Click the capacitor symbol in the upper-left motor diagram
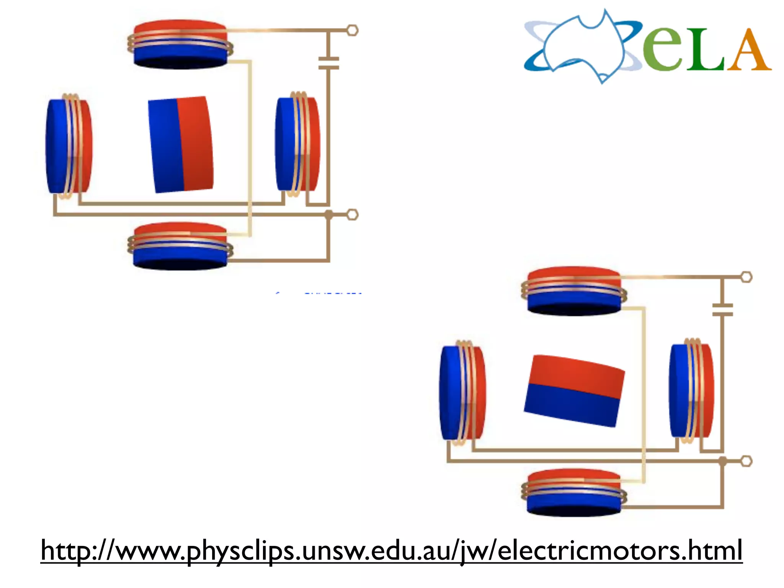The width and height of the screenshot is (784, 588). (328, 64)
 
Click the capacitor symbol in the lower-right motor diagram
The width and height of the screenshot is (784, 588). (722, 310)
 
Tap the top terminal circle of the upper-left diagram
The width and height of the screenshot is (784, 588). (352, 30)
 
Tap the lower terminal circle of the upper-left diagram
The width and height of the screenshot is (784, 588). (352, 215)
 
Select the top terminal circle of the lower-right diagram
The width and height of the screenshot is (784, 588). (746, 277)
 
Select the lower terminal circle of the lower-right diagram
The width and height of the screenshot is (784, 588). (746, 461)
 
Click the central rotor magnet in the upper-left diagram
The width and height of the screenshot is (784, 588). (181, 144)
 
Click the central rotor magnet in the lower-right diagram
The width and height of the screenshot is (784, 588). (574, 390)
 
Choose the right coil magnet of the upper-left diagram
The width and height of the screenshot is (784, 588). (297, 144)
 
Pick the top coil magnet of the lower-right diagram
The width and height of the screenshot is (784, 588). (574, 291)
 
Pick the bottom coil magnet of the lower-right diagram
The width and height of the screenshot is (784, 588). (574, 493)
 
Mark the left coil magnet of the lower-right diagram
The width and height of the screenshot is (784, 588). (463, 393)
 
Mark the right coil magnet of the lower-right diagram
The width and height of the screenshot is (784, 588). (691, 391)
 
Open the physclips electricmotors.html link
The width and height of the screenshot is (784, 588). (391, 550)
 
